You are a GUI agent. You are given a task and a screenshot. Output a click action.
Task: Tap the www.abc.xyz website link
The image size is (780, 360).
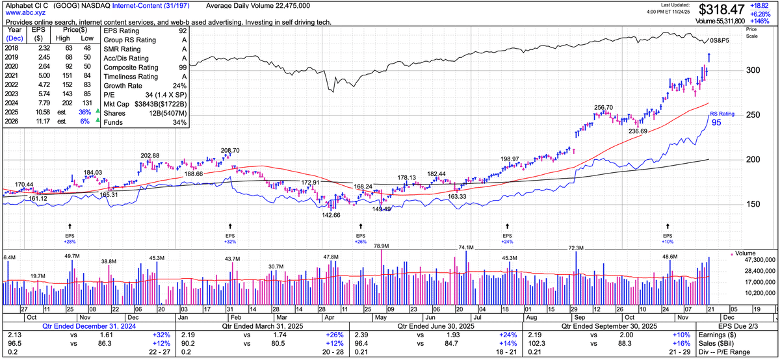click(x=24, y=13)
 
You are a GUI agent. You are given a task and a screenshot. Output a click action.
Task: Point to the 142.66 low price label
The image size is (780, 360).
click(x=327, y=215)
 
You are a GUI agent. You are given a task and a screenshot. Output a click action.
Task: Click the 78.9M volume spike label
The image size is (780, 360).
click(x=381, y=246)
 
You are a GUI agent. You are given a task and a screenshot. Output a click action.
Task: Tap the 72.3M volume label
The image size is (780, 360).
click(x=576, y=248)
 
